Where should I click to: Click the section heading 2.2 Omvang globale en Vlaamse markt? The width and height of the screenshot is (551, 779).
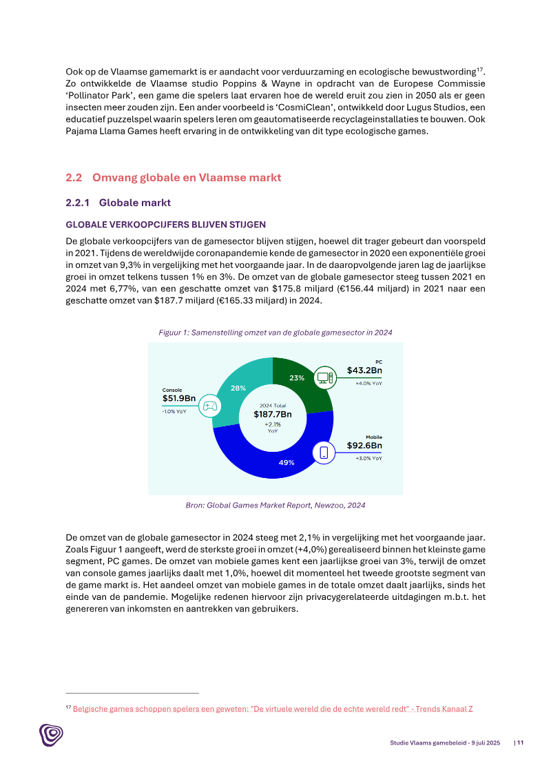(x=173, y=178)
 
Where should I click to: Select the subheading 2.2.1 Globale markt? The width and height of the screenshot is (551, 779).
(x=118, y=202)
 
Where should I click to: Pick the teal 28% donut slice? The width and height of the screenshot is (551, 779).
(x=238, y=389)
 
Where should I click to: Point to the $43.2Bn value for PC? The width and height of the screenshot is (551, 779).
(x=364, y=370)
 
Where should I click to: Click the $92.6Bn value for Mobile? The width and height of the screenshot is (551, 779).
(x=364, y=446)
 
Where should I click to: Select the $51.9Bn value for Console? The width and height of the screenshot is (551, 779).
(x=179, y=398)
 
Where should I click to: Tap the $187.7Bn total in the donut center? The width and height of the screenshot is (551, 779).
(x=273, y=414)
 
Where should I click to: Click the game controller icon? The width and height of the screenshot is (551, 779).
(x=210, y=406)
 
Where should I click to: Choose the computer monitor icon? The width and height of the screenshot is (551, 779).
(x=324, y=377)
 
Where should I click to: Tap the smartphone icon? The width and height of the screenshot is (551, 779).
(x=324, y=453)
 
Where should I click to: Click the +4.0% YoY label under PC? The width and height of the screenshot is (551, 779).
(x=368, y=383)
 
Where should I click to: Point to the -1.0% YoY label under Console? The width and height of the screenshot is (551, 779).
(x=174, y=411)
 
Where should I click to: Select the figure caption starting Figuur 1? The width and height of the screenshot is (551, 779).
(x=275, y=332)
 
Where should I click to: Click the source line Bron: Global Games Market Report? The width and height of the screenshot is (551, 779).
(x=275, y=505)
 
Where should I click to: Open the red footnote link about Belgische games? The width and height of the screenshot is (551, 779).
(x=273, y=708)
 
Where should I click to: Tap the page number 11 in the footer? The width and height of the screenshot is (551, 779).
(x=520, y=742)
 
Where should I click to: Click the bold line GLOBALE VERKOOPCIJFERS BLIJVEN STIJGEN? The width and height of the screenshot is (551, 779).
(x=165, y=225)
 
